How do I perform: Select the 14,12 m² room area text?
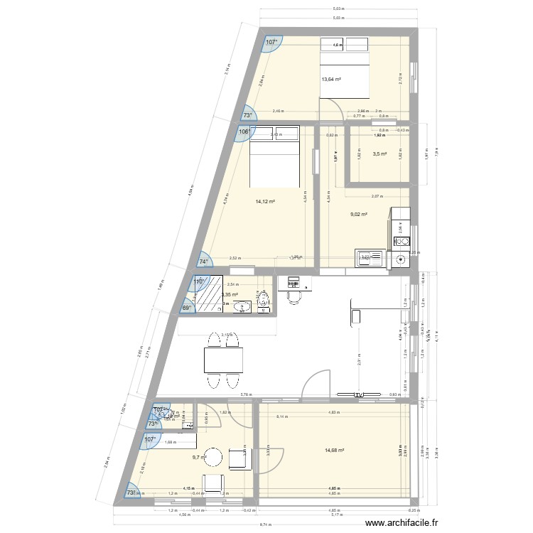point(265,201)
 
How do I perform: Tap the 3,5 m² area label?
point(379,154)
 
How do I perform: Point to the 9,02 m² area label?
point(359,214)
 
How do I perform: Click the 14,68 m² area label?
point(334,450)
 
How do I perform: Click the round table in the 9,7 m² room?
point(213,456)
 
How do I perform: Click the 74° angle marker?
point(203,261)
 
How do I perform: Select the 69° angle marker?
point(185,308)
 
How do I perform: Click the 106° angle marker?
point(243,131)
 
